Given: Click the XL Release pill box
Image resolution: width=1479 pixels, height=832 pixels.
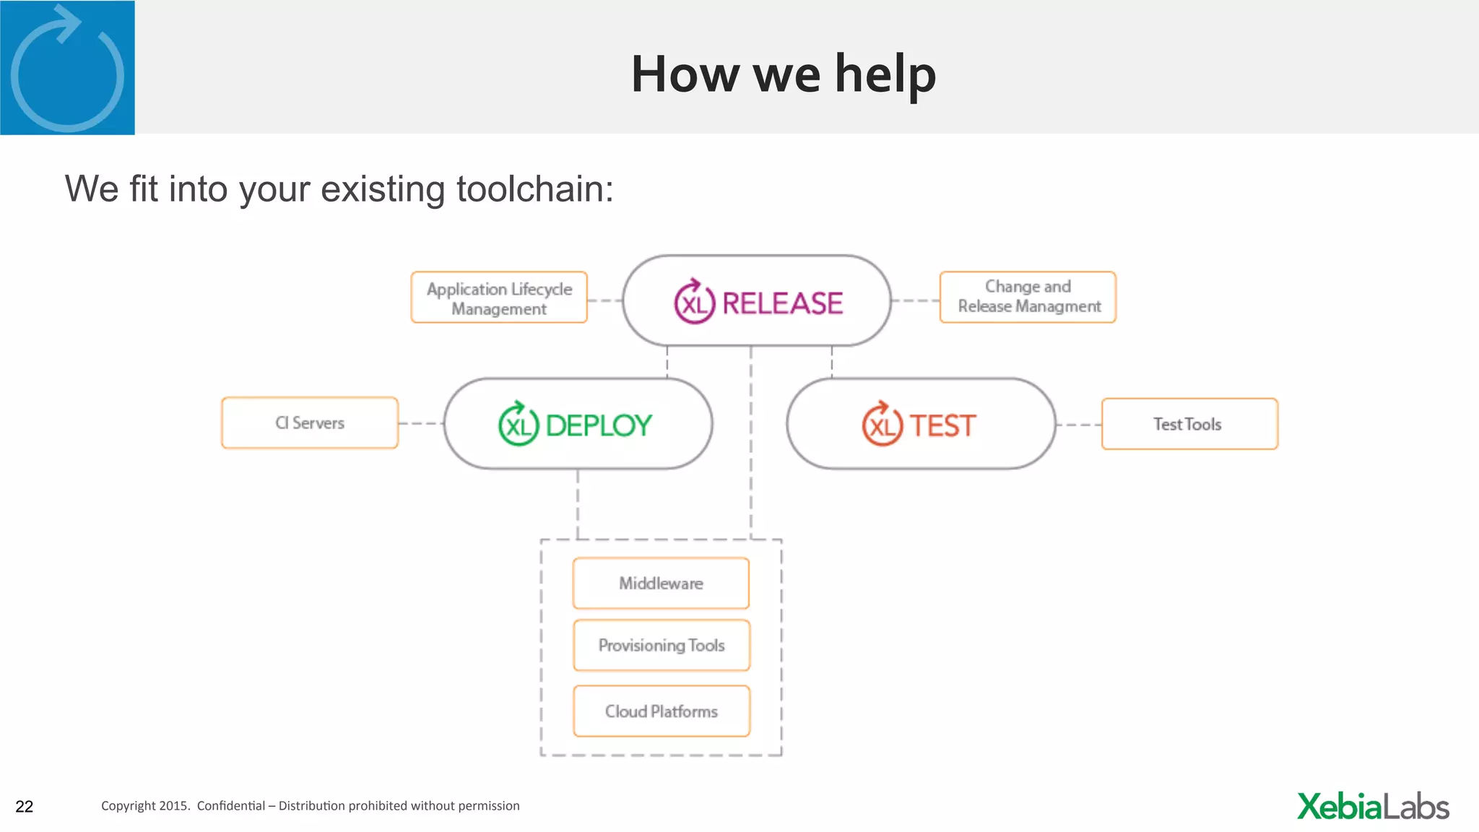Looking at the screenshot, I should pos(757,300).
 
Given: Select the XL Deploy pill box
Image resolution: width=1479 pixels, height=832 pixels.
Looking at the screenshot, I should pos(578,424).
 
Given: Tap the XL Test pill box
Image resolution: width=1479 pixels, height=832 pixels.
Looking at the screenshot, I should pos(921,424).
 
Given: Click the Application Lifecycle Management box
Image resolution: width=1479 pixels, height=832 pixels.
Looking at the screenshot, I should pos(499,298).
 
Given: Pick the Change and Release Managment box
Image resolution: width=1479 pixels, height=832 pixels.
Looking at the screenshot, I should pos(1028,297).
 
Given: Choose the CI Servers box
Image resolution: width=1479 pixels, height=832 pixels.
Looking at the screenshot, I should pos(310,423).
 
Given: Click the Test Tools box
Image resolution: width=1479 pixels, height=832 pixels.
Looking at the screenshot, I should pos(1189,424).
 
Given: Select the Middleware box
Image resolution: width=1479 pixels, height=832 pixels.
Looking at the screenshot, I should pos(661,583).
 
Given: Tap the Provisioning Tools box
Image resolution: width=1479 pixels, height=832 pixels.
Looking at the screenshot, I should pos(662,645).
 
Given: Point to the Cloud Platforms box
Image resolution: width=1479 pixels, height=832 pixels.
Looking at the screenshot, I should pos(662,711).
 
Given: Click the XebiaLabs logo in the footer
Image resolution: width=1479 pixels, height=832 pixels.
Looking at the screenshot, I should pos(1373,807).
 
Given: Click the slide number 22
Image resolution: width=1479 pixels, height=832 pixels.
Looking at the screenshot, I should pos(25,807).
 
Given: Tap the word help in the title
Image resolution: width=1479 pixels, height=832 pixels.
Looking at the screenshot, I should pos(885,74).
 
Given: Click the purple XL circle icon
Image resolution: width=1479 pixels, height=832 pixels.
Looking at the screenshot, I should pos(695,302).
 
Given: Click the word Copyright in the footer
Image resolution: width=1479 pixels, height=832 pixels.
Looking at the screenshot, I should pos(128,806).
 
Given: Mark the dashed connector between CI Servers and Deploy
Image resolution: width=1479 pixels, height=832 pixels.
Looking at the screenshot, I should pos(420,424).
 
